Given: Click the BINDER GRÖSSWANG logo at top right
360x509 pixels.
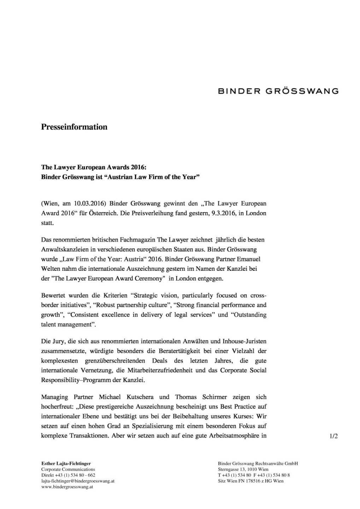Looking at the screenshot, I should [278, 91].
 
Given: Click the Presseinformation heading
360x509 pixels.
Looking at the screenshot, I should [74, 127].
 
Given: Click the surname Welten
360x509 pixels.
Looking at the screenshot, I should [50, 269].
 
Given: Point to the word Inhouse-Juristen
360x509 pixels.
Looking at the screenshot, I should [244, 341].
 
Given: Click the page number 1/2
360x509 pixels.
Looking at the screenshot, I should [334, 436].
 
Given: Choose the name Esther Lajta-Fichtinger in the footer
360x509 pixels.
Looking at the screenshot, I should [66, 463].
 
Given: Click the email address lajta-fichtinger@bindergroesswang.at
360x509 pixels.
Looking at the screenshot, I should [78, 481].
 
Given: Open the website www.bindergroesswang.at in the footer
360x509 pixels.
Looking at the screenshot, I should [67, 487].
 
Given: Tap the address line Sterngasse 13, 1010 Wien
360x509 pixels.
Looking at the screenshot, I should [243, 469].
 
